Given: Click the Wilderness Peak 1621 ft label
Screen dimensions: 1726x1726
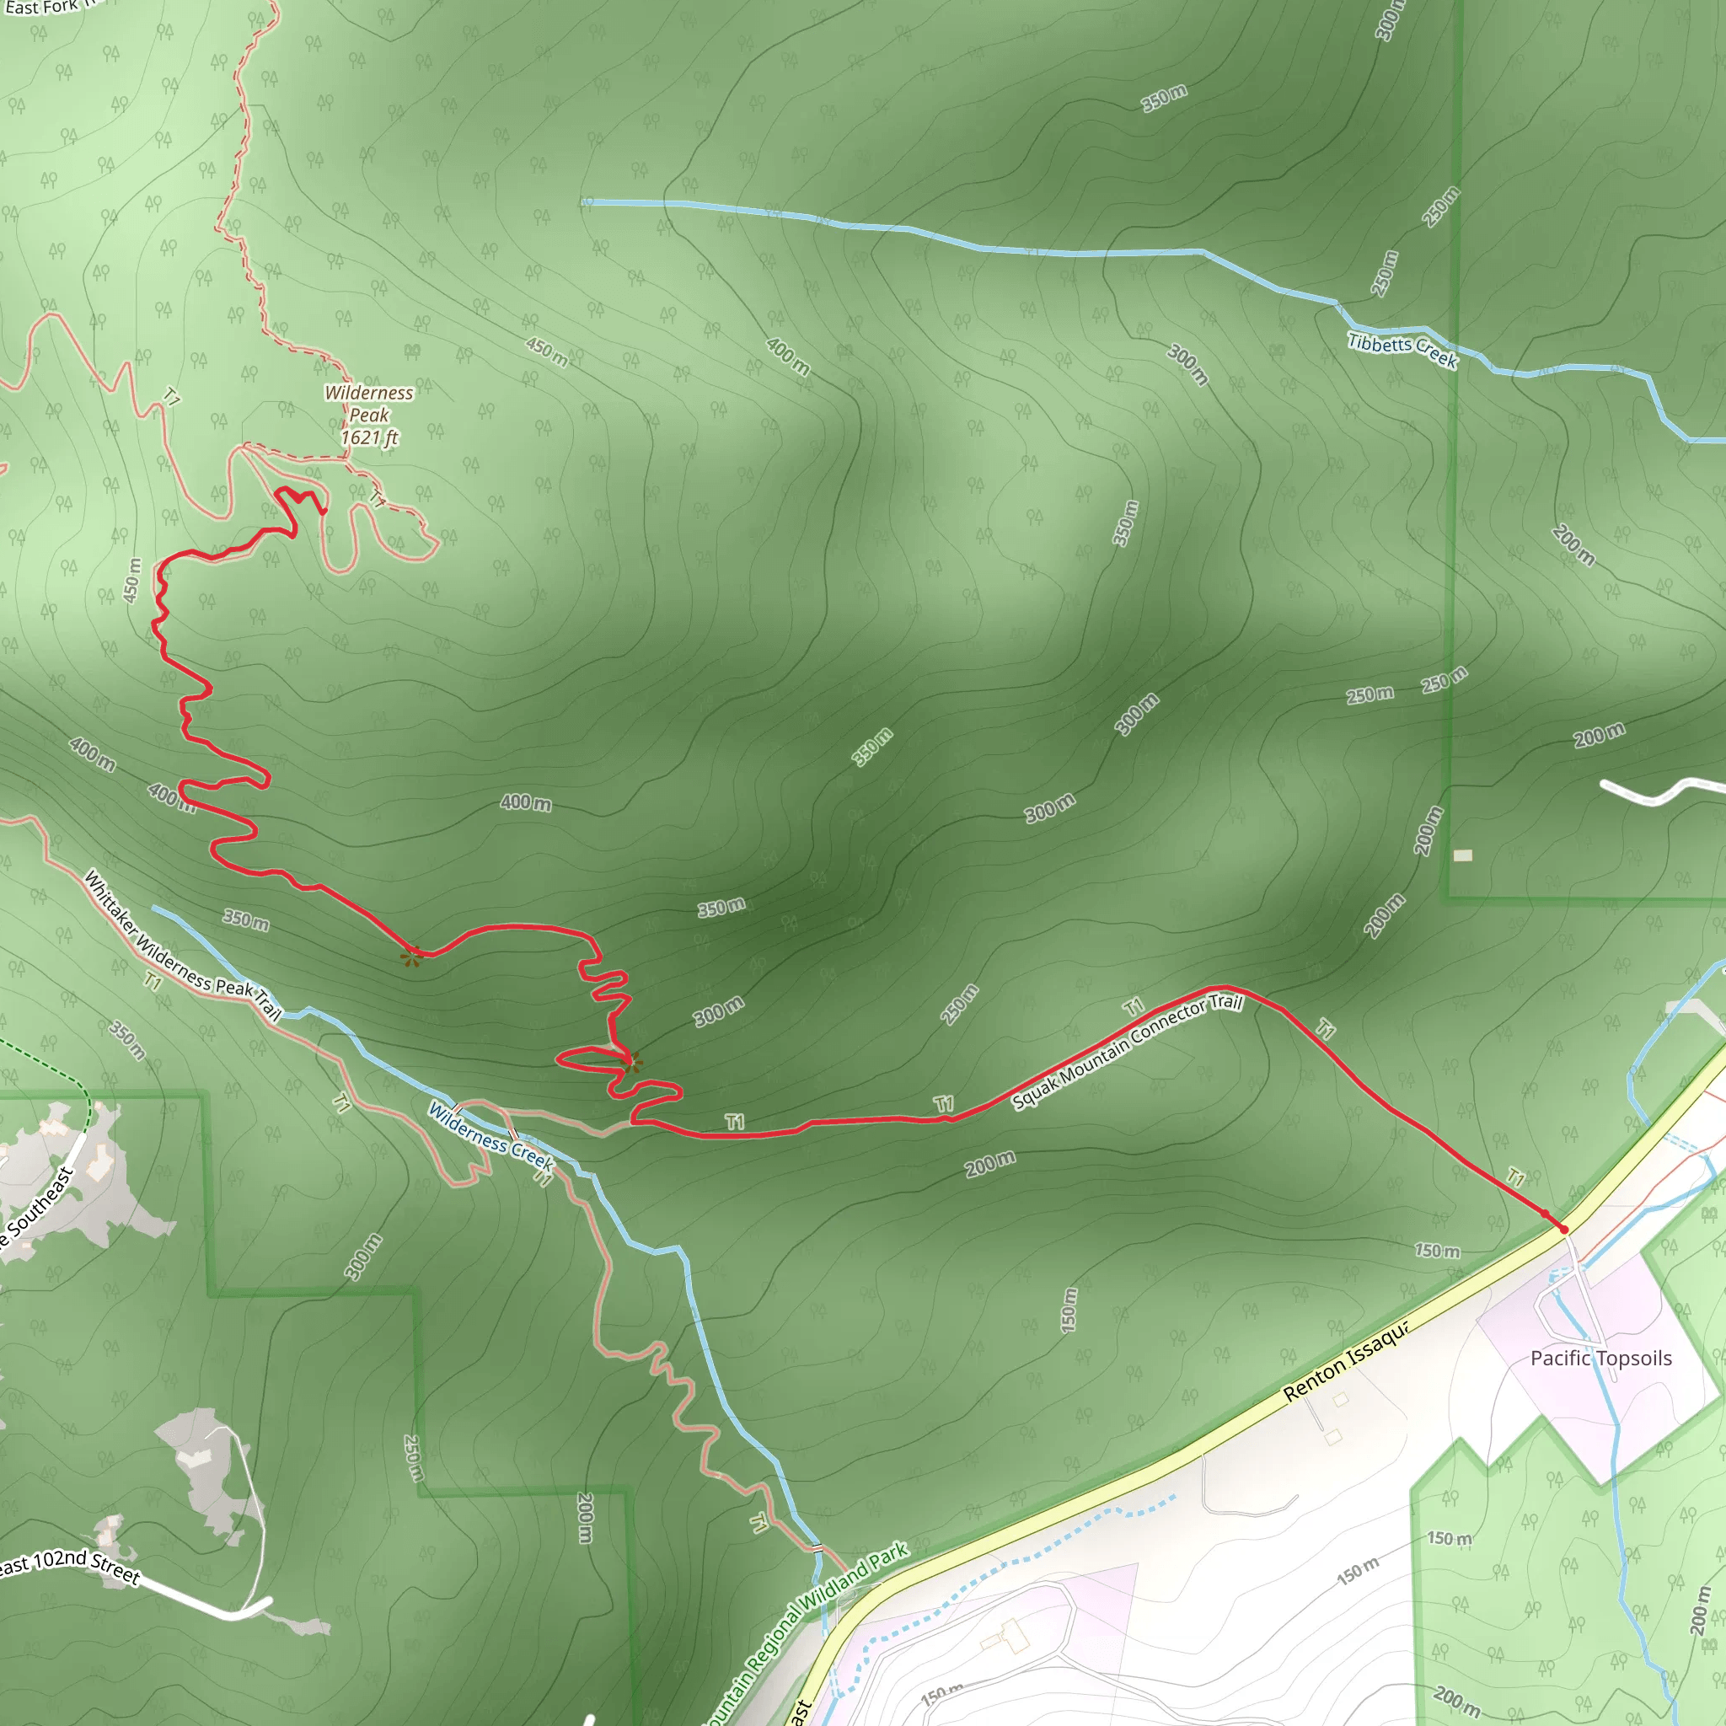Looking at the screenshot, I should click(x=369, y=415).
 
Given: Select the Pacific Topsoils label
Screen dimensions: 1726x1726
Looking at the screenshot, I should click(x=1601, y=1358).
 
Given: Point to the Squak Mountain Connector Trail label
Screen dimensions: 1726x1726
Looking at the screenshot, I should click(x=1128, y=1052).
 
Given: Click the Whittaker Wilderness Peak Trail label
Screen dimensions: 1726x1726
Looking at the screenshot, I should click(x=182, y=946).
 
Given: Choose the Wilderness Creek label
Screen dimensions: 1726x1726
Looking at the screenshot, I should click(x=490, y=1135).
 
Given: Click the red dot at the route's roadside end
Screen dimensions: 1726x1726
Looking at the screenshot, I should click(x=1564, y=1230).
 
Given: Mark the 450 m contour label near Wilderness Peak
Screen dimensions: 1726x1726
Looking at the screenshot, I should click(x=547, y=351).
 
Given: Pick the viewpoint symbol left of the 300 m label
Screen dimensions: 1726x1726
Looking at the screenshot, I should click(x=631, y=1062).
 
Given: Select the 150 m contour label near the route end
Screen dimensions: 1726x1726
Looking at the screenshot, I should click(x=1437, y=1251).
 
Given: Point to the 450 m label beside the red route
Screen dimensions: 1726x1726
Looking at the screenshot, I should click(x=132, y=580).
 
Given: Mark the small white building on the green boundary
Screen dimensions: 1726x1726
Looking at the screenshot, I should click(x=1462, y=855).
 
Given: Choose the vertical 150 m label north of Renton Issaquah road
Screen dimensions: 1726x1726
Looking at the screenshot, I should click(x=1069, y=1310).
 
